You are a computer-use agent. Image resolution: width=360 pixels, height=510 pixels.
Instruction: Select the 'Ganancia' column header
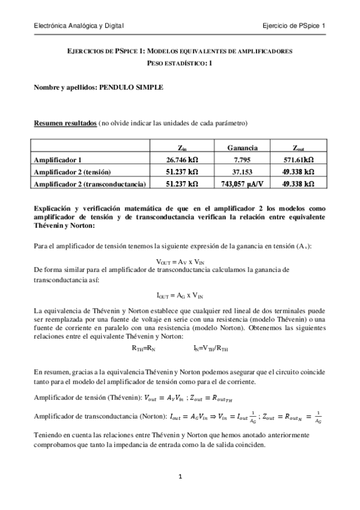pos(243,147)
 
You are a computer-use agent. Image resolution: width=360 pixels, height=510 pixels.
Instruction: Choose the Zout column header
pos(299,147)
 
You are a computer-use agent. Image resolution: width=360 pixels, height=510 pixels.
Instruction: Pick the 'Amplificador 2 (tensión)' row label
pos(76,171)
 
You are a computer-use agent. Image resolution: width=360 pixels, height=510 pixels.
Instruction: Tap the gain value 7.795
pos(243,159)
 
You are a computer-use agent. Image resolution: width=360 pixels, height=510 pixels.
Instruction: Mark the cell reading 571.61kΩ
pos(299,159)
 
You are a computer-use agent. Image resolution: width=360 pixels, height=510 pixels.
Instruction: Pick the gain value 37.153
pos(243,171)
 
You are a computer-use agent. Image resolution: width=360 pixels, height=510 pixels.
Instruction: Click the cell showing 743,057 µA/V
pos(243,183)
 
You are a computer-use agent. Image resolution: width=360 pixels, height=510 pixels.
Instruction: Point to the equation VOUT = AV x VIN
pos(180,262)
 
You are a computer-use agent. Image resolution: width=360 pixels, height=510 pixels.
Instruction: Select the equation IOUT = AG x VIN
pos(180,295)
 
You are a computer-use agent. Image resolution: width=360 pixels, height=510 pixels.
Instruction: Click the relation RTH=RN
pos(144,348)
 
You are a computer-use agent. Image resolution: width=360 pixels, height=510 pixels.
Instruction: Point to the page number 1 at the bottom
pos(180,476)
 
